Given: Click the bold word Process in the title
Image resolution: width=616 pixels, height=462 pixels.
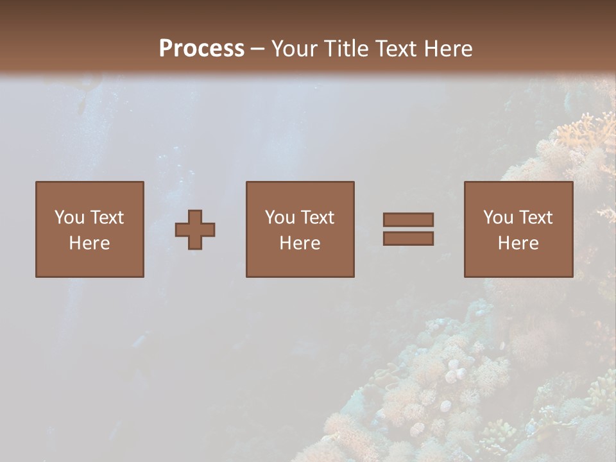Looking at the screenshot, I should pos(201,49).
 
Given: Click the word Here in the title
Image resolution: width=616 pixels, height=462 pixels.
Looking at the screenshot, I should pos(449,49).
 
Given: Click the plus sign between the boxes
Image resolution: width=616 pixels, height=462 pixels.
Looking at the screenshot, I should pos(195,230).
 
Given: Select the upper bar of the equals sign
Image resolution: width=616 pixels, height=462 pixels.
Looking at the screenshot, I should pos(408,219).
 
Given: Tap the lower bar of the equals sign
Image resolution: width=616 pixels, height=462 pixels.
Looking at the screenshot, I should pos(408,239).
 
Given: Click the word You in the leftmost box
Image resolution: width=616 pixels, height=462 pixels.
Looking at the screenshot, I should pos(69,218).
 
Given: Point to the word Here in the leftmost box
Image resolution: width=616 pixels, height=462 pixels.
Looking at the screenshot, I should pos(89,243).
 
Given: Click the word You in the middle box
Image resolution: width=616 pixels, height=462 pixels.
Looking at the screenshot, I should pos(280,218).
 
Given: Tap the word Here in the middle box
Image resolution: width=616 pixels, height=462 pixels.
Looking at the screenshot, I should pos(300,243).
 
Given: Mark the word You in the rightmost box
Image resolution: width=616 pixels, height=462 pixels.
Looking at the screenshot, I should pos(498,218).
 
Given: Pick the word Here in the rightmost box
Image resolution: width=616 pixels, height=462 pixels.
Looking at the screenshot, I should pos(518,243).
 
